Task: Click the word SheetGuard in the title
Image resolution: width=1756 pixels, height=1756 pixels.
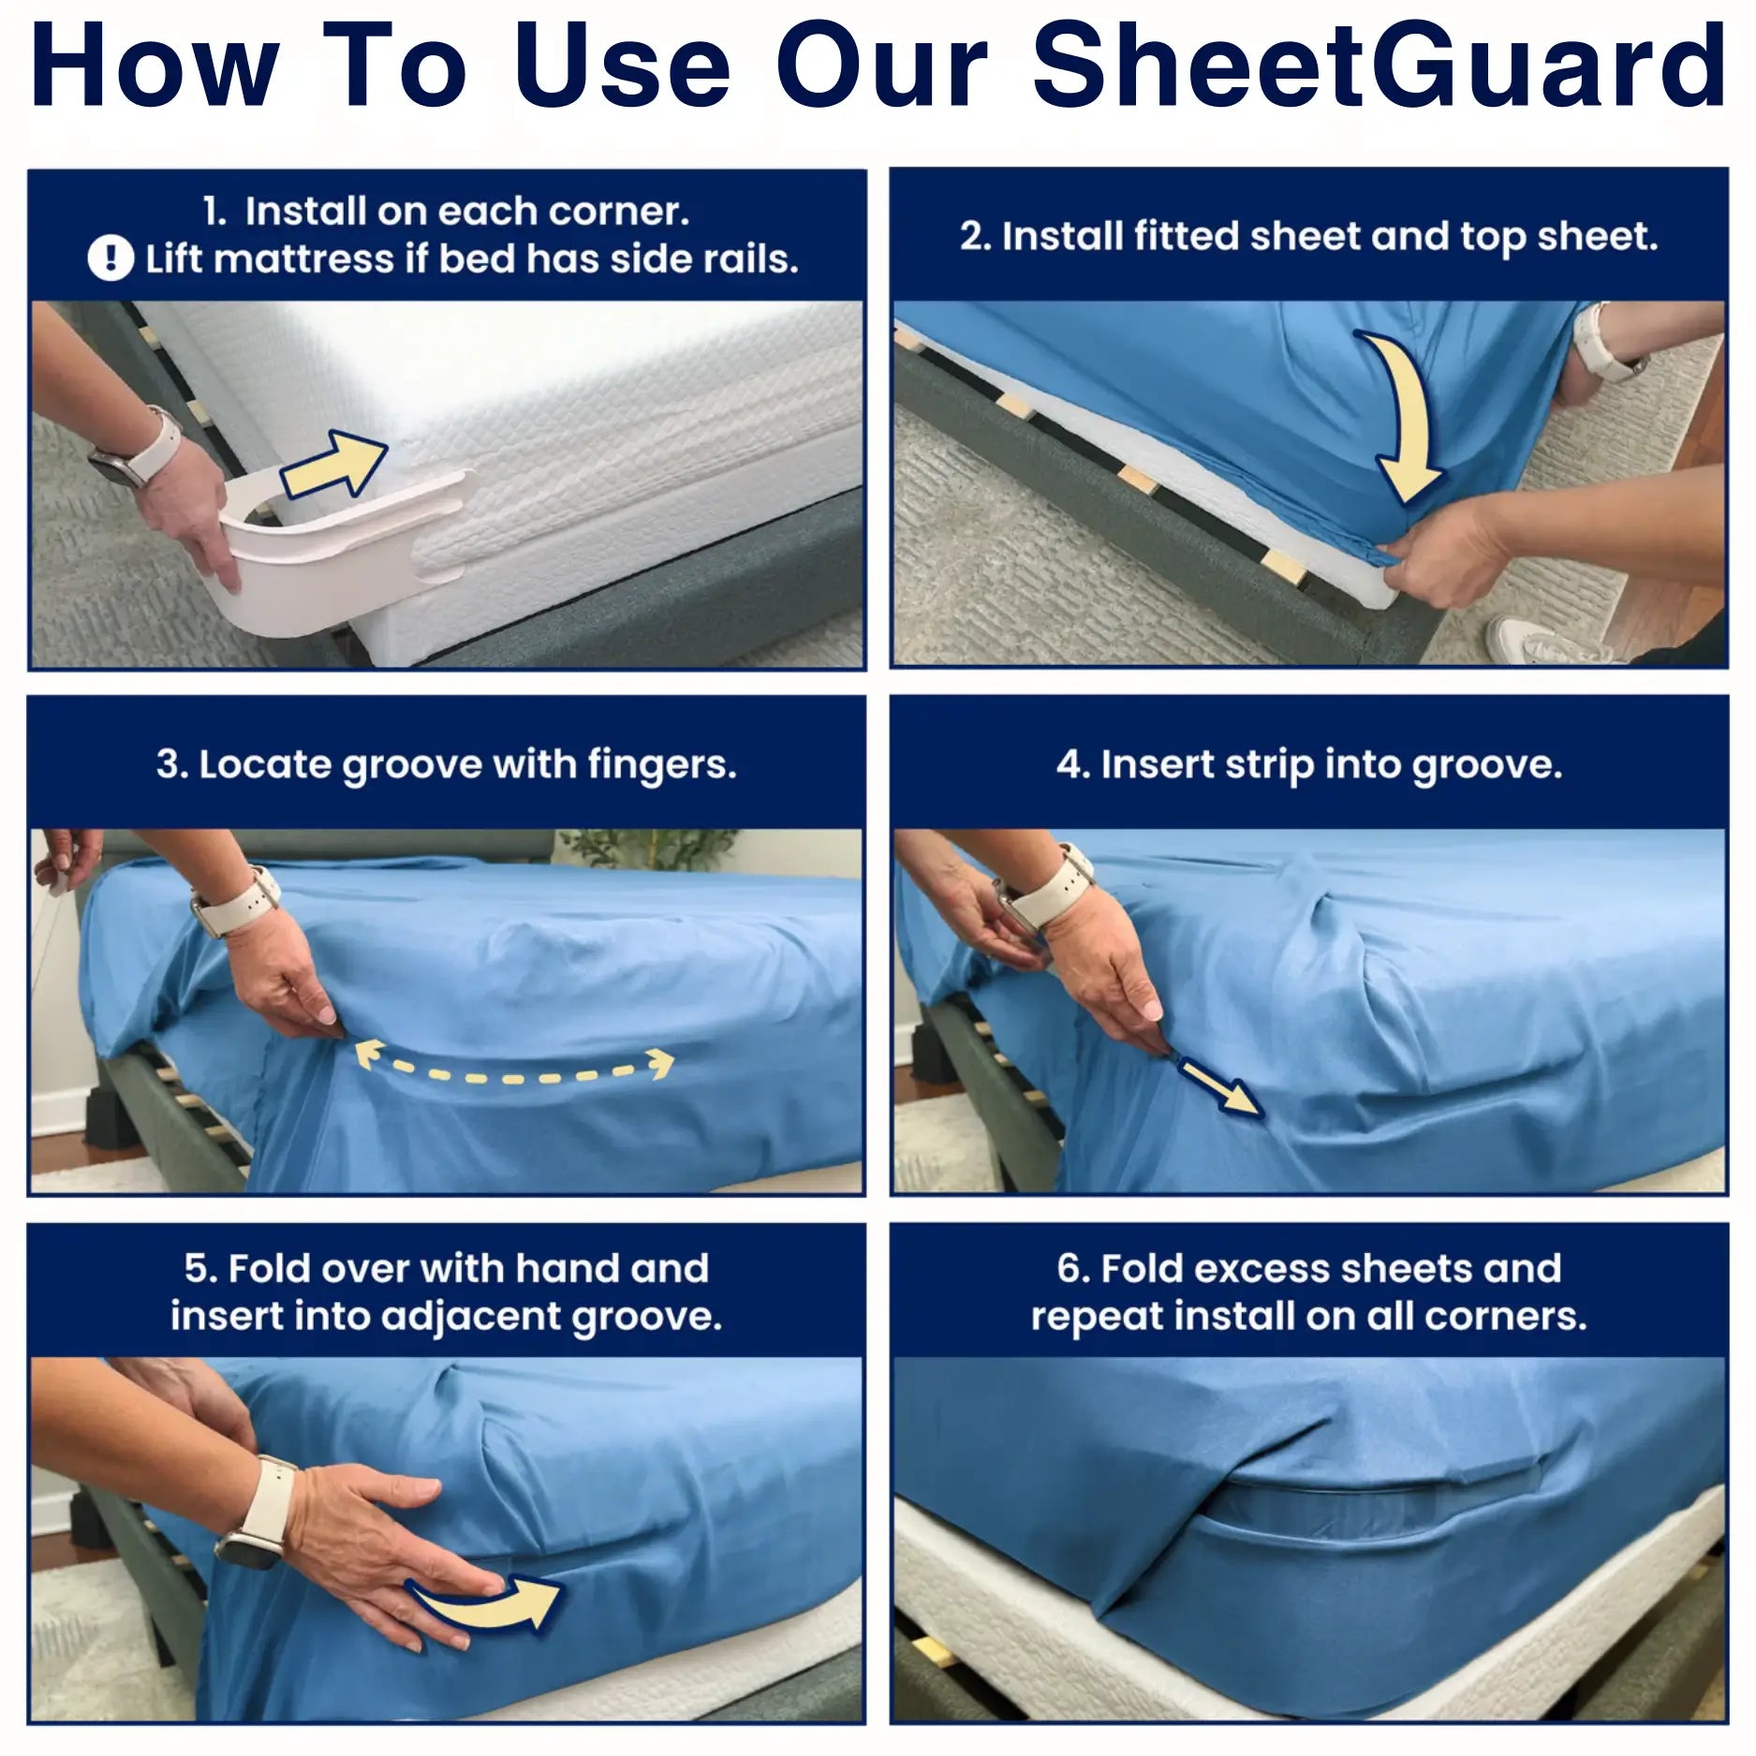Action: [1380, 65]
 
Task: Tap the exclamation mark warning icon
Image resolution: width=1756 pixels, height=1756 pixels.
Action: [111, 258]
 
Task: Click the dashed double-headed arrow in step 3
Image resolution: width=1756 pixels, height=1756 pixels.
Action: [514, 1066]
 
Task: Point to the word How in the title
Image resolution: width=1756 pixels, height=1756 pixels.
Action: [155, 66]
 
